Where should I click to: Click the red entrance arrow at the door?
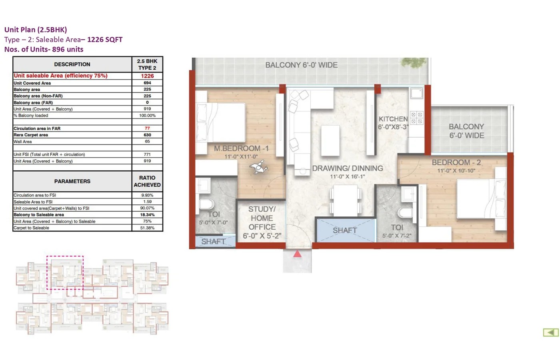(x=297, y=254)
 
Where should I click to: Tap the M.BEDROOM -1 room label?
(x=241, y=148)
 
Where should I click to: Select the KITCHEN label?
(x=393, y=119)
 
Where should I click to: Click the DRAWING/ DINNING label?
(x=347, y=168)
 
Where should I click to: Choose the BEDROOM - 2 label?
(x=456, y=162)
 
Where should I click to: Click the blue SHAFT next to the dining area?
(x=345, y=230)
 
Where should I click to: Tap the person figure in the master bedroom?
(x=259, y=167)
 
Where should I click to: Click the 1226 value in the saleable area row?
(x=147, y=76)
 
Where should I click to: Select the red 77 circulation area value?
(x=147, y=128)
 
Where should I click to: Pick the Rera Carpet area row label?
(x=31, y=135)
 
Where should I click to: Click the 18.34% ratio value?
(x=147, y=215)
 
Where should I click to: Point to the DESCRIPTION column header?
(x=72, y=64)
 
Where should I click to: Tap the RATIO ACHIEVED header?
(x=147, y=181)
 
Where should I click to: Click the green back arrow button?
(x=551, y=332)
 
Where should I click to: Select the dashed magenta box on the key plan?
(x=65, y=272)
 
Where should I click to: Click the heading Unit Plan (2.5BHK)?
(x=36, y=30)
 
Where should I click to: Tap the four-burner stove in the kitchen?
(x=416, y=118)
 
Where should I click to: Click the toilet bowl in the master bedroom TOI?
(x=206, y=204)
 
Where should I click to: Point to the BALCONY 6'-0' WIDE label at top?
(x=301, y=65)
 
